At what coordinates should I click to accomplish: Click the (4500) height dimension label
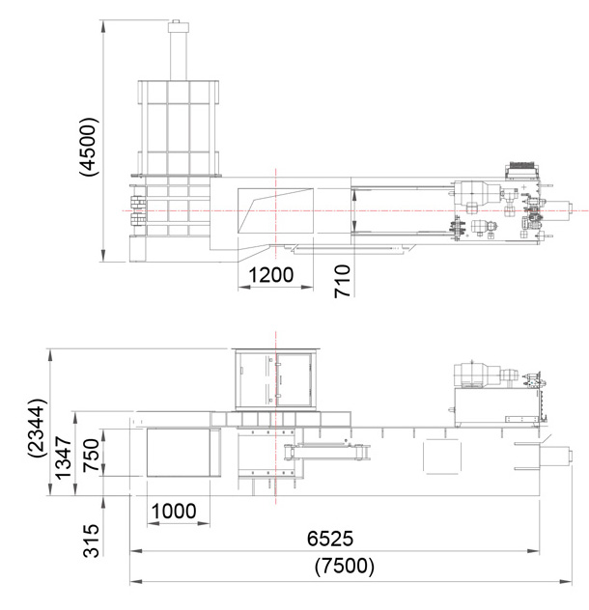click(89, 146)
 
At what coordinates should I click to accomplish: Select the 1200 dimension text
click(271, 275)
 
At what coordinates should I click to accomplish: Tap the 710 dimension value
click(343, 281)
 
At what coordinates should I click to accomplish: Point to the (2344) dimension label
click(38, 428)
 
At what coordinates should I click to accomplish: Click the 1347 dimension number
click(63, 457)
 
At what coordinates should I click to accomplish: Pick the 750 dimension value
click(92, 455)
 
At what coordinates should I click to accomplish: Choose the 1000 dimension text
click(174, 512)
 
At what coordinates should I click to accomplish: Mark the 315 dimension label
click(92, 541)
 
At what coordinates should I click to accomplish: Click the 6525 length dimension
click(330, 539)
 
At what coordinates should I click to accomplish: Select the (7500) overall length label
click(345, 566)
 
